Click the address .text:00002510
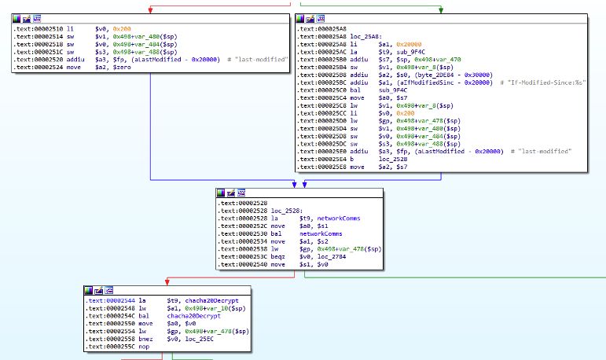39,29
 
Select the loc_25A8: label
366,37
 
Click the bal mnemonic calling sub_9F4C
354,90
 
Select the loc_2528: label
287,211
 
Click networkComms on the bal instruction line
321,233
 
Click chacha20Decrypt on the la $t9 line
211,300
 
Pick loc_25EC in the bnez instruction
200,339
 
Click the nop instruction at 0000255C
144,347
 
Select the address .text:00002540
242,264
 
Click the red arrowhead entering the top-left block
150,10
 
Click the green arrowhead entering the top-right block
441,10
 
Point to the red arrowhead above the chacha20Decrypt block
167,283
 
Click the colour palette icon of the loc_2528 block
221,193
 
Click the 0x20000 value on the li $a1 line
409,45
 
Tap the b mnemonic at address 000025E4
351,159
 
